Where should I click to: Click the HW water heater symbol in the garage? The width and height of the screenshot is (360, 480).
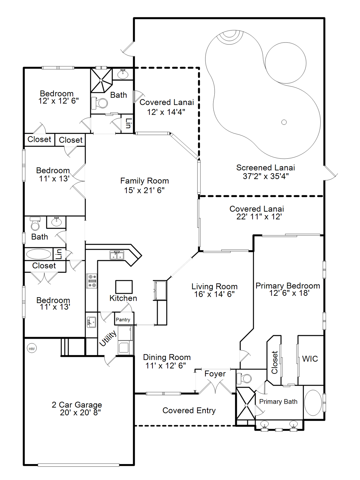tap(32, 349)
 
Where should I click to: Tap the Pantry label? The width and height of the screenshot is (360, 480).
tap(123, 320)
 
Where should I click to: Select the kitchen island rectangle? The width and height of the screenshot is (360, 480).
tap(124, 287)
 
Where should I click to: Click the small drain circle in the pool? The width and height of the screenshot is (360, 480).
tap(284, 122)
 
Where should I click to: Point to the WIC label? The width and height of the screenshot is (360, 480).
tap(310, 359)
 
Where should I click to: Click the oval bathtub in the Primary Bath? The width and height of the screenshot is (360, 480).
tap(313, 402)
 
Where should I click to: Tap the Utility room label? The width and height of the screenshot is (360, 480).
tap(108, 338)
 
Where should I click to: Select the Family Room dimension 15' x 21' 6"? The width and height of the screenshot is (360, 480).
tap(144, 190)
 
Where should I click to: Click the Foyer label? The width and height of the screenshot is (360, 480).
tap(215, 374)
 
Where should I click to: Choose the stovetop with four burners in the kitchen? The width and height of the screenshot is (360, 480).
tap(92, 281)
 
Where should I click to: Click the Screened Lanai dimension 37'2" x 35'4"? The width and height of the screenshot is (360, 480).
tap(265, 176)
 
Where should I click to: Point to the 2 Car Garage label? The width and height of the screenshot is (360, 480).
tap(77, 405)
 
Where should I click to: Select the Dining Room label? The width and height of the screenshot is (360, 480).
tap(167, 357)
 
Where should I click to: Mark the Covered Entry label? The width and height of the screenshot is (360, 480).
tap(189, 410)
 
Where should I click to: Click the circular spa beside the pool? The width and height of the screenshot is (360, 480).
tap(285, 63)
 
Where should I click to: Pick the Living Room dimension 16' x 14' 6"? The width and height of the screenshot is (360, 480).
tap(214, 294)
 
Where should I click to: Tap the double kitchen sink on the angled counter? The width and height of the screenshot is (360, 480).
tap(117, 255)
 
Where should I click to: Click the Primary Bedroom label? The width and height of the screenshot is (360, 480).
tap(287, 286)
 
